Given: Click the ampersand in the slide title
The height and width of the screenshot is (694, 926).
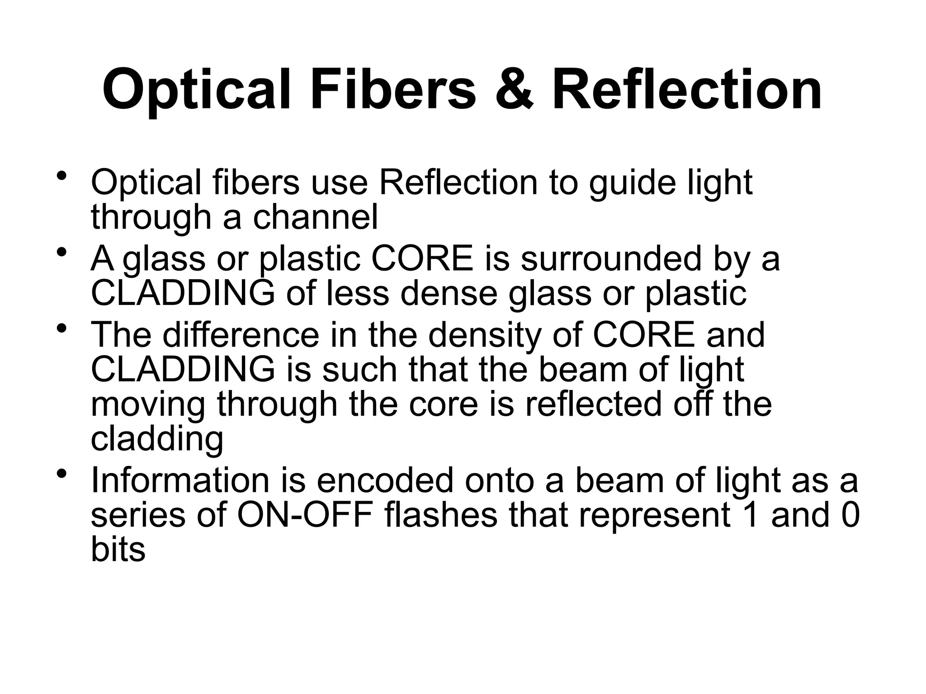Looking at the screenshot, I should pos(514,89).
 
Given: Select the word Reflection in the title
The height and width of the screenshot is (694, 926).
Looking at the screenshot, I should pos(686,89).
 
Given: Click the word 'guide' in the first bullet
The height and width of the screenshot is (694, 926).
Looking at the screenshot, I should pos(632,183).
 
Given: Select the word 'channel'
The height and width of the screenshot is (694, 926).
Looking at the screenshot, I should pos(315,217).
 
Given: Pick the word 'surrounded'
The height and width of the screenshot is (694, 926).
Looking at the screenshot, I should pos(611,259).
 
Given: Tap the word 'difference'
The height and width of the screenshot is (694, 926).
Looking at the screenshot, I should pos(241,335).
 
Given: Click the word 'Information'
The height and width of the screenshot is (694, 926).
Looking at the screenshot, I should pos(180,480).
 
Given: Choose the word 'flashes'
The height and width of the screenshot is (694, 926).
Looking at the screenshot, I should pos(441,516).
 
